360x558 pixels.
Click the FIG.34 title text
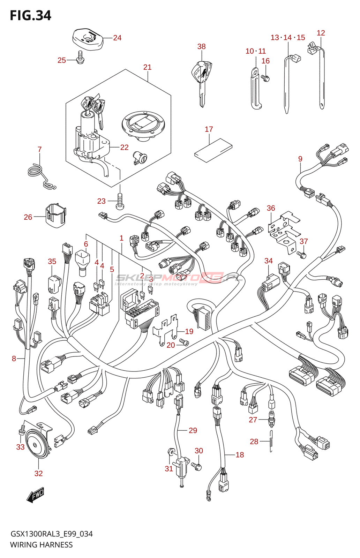[x=30, y=16]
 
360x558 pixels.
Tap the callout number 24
[x=117, y=38]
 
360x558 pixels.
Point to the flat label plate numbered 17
[x=213, y=150]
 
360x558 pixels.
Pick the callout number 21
[x=147, y=67]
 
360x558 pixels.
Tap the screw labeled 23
[x=119, y=202]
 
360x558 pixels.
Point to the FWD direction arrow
[x=36, y=495]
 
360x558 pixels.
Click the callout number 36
[x=271, y=208]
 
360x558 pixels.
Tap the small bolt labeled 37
[x=302, y=255]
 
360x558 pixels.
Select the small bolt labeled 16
[x=265, y=77]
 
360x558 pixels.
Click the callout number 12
[x=321, y=33]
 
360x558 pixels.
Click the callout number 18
[x=240, y=455]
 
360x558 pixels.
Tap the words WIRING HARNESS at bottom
[x=42, y=545]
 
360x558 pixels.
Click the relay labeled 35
[x=54, y=284]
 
